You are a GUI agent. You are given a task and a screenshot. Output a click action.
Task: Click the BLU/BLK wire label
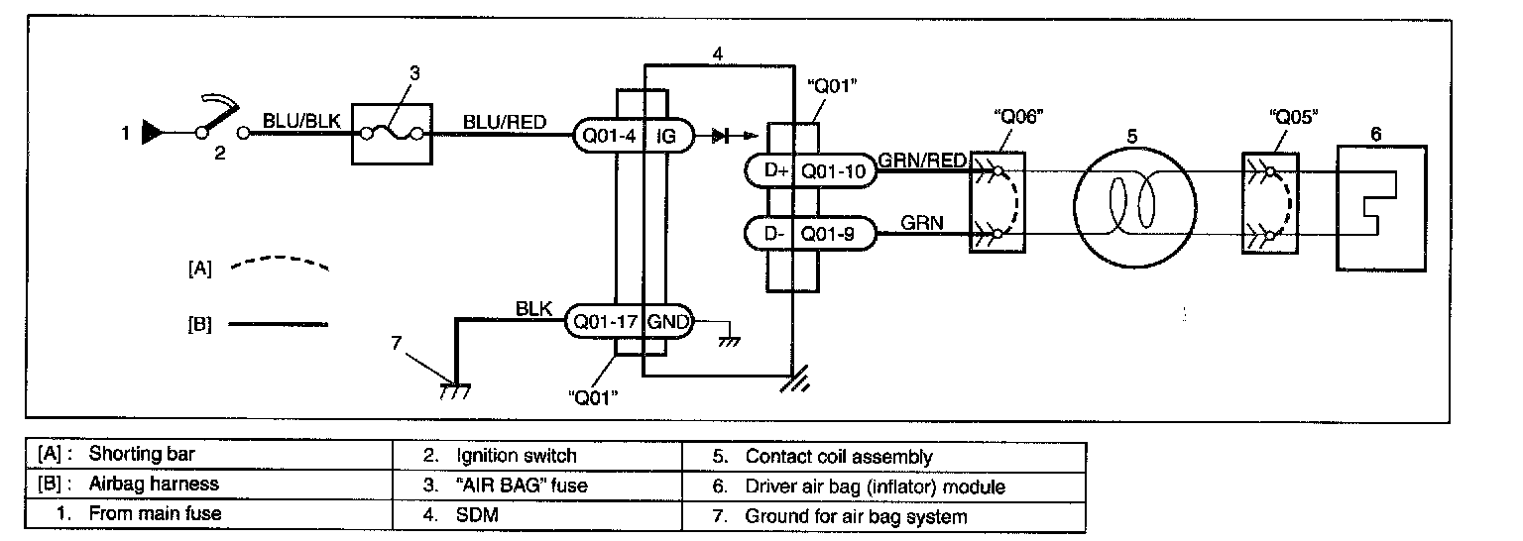[301, 121]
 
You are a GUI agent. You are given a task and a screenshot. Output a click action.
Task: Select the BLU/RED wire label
[505, 122]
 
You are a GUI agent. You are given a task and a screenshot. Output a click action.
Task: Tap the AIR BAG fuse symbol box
[392, 134]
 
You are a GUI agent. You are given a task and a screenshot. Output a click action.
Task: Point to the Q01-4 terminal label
[609, 137]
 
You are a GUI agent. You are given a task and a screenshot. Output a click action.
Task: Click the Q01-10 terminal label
[834, 170]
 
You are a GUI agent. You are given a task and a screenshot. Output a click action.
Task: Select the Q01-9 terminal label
[828, 235]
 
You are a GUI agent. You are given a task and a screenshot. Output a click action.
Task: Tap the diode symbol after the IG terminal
[721, 136]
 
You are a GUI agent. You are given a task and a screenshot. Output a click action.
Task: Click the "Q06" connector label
[1018, 117]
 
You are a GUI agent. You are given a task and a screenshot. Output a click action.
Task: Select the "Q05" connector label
[1293, 117]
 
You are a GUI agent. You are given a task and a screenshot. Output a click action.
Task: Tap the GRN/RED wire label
[922, 161]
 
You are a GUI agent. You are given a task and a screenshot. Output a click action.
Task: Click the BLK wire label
[533, 308]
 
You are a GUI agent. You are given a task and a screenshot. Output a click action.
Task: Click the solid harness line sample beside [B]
[278, 324]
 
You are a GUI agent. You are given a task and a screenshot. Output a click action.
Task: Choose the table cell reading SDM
[537, 515]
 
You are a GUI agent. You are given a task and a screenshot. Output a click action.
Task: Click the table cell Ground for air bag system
[883, 516]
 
